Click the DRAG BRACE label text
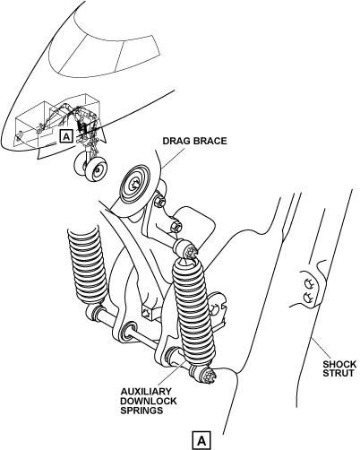point(194,141)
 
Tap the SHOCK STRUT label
point(339,368)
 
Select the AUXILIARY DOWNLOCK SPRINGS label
point(149,401)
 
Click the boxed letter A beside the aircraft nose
point(66,136)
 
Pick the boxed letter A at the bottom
point(201,440)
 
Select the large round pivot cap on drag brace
point(136,185)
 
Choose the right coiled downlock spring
point(193,311)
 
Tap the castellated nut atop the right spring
point(188,249)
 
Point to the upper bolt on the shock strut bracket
point(309,282)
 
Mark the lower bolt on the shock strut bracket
point(308,298)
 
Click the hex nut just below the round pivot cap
point(160,201)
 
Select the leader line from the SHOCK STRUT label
point(321,349)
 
